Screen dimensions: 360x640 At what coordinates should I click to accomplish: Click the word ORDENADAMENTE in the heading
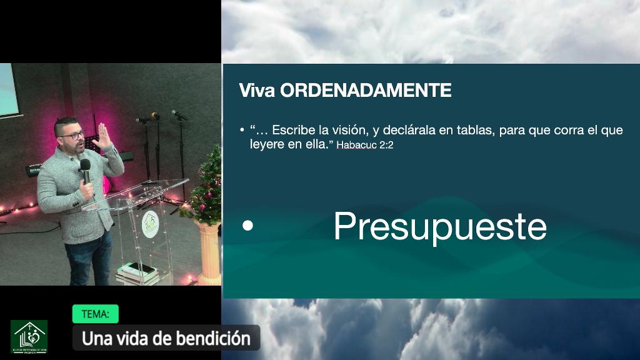366,91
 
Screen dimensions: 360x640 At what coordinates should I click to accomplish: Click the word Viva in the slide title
257,91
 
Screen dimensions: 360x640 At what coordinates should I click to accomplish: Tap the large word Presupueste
440,226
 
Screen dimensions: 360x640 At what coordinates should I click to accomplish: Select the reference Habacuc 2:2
365,145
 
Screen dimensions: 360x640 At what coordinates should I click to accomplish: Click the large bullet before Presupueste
248,226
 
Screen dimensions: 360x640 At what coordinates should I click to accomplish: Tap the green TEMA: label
95,314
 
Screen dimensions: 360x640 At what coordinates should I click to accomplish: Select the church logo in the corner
29,336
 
